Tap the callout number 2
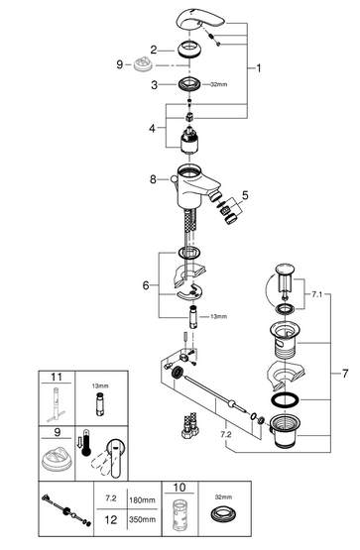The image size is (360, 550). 154,50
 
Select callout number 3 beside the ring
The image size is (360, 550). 155,85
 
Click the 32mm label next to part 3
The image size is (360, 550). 219,84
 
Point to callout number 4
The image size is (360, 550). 152,129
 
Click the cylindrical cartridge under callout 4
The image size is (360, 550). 189,140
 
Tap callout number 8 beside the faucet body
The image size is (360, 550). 153,179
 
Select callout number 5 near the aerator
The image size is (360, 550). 245,195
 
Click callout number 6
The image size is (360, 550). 146,285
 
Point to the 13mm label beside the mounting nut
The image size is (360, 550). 218,316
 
